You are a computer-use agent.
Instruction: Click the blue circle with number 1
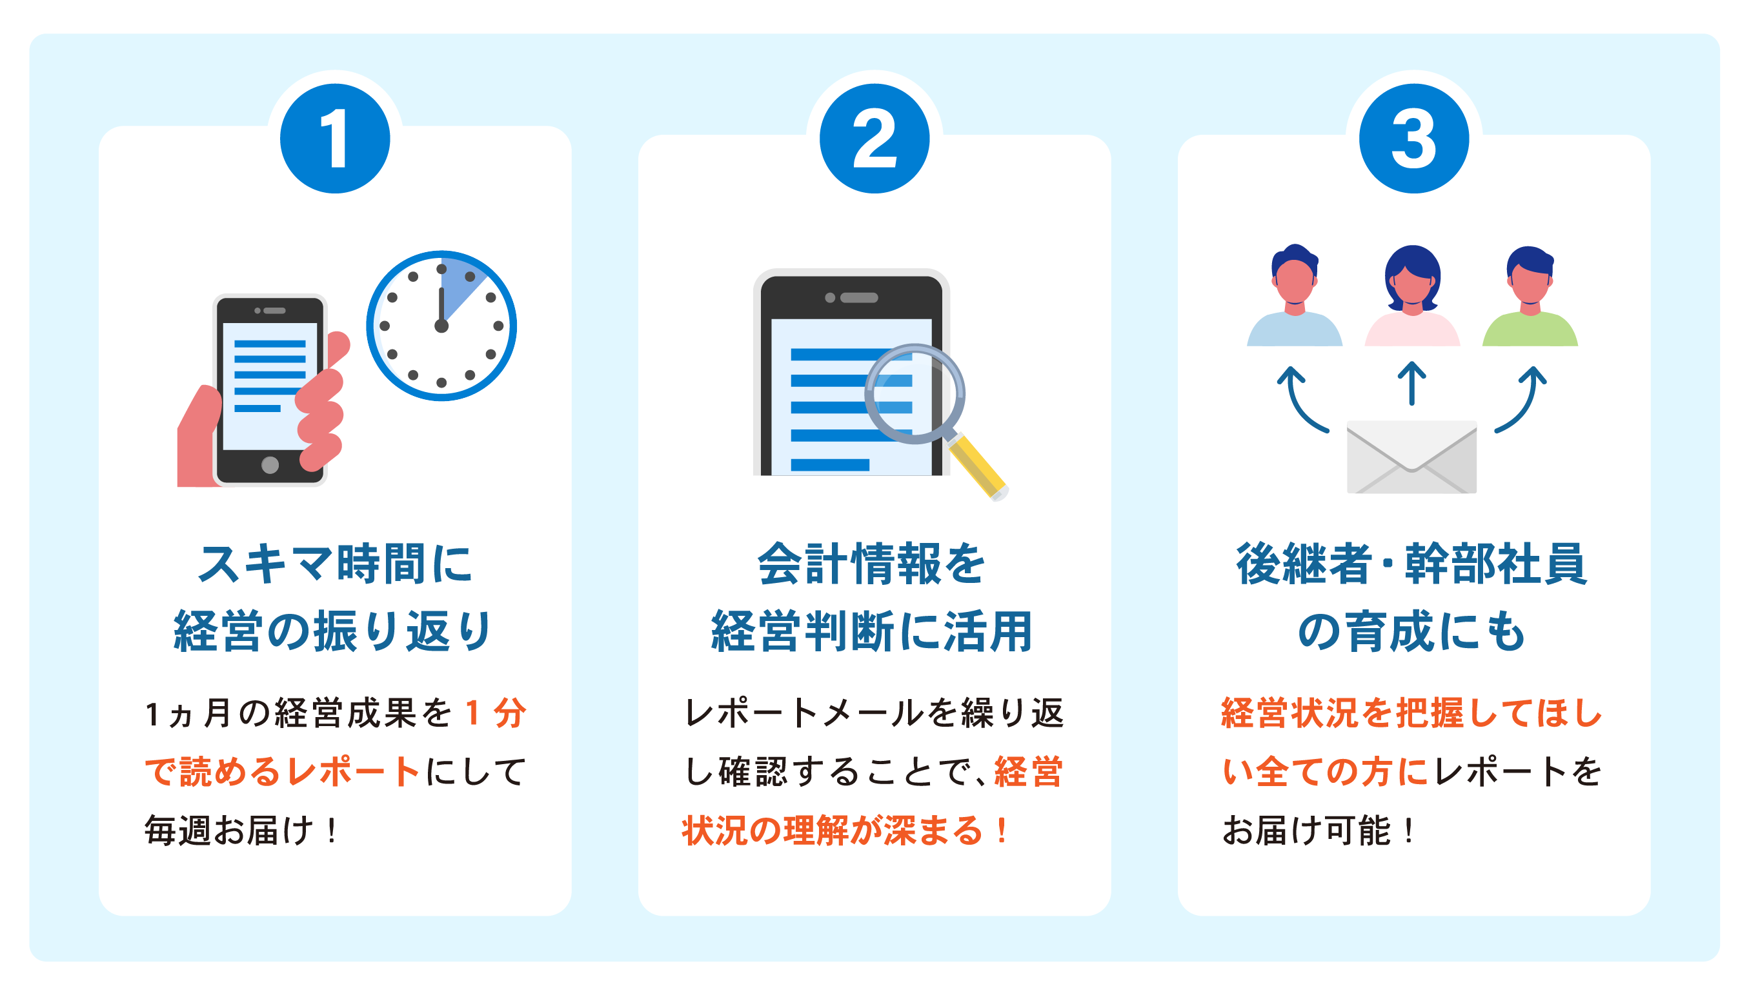coord(334,139)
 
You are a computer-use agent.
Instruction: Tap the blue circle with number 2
coord(874,139)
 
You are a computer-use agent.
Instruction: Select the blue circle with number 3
coord(1413,139)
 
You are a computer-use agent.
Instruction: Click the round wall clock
coord(441,326)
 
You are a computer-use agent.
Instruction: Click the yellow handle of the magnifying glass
coord(978,469)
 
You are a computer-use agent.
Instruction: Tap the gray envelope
coord(1411,457)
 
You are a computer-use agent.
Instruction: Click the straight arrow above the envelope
coord(1411,382)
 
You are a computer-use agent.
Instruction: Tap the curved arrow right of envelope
coord(1522,399)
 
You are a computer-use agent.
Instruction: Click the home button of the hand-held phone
coord(270,466)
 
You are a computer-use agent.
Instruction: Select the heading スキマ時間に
coord(334,564)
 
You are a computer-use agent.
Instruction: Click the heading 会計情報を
coord(872,564)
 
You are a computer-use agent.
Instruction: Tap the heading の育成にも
coord(1411,631)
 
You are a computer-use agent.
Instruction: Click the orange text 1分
coord(495,713)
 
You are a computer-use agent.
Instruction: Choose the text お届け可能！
coord(1319,831)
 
